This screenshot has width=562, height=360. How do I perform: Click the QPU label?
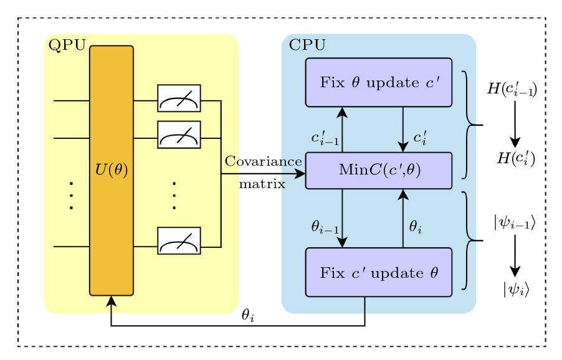67,45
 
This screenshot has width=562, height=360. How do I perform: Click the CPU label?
307,45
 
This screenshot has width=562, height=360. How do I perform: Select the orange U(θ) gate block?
112,170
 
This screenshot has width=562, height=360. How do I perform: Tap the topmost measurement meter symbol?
179,98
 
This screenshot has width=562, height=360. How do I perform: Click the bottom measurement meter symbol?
179,241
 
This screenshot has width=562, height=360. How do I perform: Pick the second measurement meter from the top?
179,135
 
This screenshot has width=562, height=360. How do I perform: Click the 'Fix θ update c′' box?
378,82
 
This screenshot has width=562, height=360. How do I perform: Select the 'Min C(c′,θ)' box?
378,170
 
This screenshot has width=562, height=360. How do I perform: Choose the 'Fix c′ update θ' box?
378,272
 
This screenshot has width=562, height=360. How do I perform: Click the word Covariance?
263,161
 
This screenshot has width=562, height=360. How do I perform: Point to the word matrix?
262,184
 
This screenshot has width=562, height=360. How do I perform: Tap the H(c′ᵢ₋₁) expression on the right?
512,90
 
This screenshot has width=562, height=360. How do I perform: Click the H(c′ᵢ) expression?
515,159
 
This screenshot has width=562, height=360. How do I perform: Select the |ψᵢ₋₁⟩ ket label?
514,222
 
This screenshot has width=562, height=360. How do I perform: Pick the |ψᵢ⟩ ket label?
515,289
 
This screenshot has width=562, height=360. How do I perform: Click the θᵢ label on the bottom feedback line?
248,316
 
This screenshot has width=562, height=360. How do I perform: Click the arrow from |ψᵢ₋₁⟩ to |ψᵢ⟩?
515,255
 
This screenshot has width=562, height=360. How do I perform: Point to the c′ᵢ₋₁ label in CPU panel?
325,138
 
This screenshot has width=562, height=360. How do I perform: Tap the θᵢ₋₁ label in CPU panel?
325,227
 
